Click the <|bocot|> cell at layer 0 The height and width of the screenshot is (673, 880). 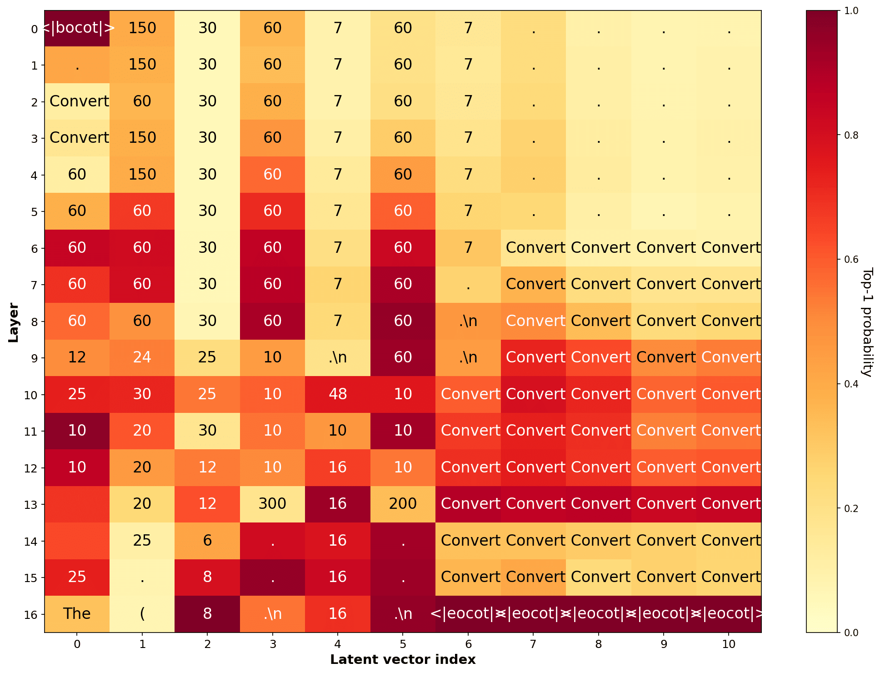point(77,28)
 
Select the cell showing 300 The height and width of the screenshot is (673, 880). point(272,504)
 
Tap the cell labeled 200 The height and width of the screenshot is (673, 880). point(403,504)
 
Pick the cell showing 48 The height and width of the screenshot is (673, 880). point(338,394)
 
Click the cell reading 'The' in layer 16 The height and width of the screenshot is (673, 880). point(77,614)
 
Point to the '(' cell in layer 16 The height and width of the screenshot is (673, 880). point(142,614)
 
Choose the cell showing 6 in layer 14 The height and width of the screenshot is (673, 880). point(207,541)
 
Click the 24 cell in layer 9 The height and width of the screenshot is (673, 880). point(142,357)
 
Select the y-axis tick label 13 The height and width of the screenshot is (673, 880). point(30,505)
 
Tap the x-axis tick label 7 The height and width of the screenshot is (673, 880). point(533,644)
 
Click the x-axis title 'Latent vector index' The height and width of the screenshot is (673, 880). point(403,660)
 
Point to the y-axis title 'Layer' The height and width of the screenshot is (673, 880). point(13,322)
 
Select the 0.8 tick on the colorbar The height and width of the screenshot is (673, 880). point(851,136)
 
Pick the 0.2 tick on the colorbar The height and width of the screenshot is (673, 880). point(851,508)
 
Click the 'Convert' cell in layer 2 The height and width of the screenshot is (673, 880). point(77,101)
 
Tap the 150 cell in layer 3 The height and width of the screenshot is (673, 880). point(142,138)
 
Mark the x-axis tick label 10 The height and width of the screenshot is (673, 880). point(729,644)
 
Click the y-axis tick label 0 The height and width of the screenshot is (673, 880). point(34,30)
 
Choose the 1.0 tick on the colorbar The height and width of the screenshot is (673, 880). point(851,11)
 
